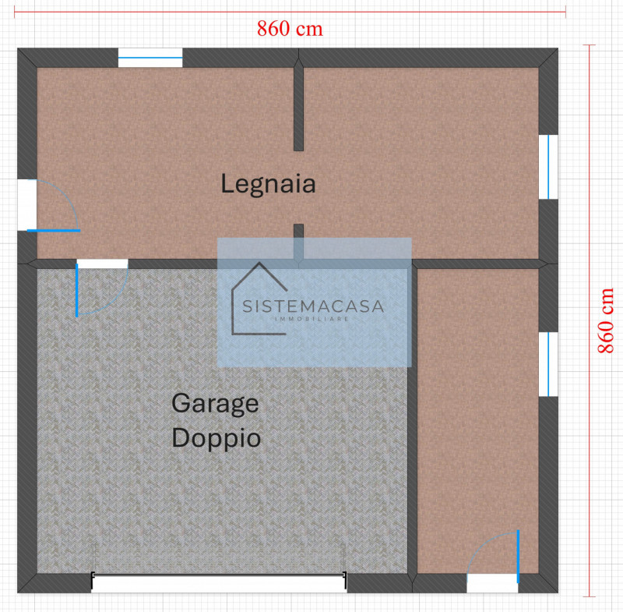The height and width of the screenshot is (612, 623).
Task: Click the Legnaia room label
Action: point(268,185)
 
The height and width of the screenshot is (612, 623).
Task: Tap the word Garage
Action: point(215,405)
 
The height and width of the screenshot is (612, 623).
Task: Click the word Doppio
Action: point(216,439)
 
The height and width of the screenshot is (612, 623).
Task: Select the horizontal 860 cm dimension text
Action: point(290,29)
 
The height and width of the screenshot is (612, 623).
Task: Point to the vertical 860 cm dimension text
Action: point(606,320)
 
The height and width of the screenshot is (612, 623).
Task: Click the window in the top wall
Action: point(150,58)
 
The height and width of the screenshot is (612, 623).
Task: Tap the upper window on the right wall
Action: point(548,167)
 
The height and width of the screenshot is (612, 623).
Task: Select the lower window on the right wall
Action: point(548,364)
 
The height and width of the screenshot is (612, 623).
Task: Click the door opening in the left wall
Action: point(27,205)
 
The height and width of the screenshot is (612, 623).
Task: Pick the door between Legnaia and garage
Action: point(102,264)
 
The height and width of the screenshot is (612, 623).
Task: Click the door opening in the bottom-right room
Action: point(493,583)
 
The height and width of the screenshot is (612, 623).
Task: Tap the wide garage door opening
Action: point(219,583)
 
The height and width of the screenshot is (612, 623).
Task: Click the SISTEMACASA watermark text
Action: point(313,306)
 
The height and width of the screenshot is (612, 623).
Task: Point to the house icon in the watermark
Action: point(259,299)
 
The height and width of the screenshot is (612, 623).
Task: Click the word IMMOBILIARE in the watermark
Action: point(312,319)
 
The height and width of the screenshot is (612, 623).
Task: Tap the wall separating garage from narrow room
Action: point(413,422)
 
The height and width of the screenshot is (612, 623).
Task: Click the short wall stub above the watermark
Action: point(298,242)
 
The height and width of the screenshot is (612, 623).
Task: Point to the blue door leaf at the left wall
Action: point(54,230)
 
